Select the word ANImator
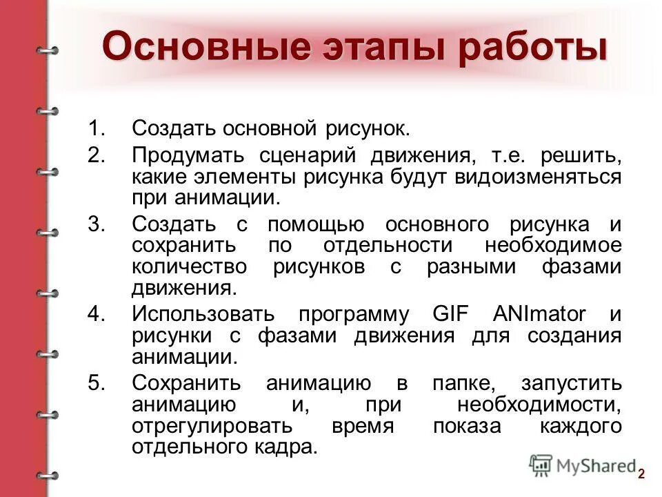pos(539,314)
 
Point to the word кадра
pos(290,447)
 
